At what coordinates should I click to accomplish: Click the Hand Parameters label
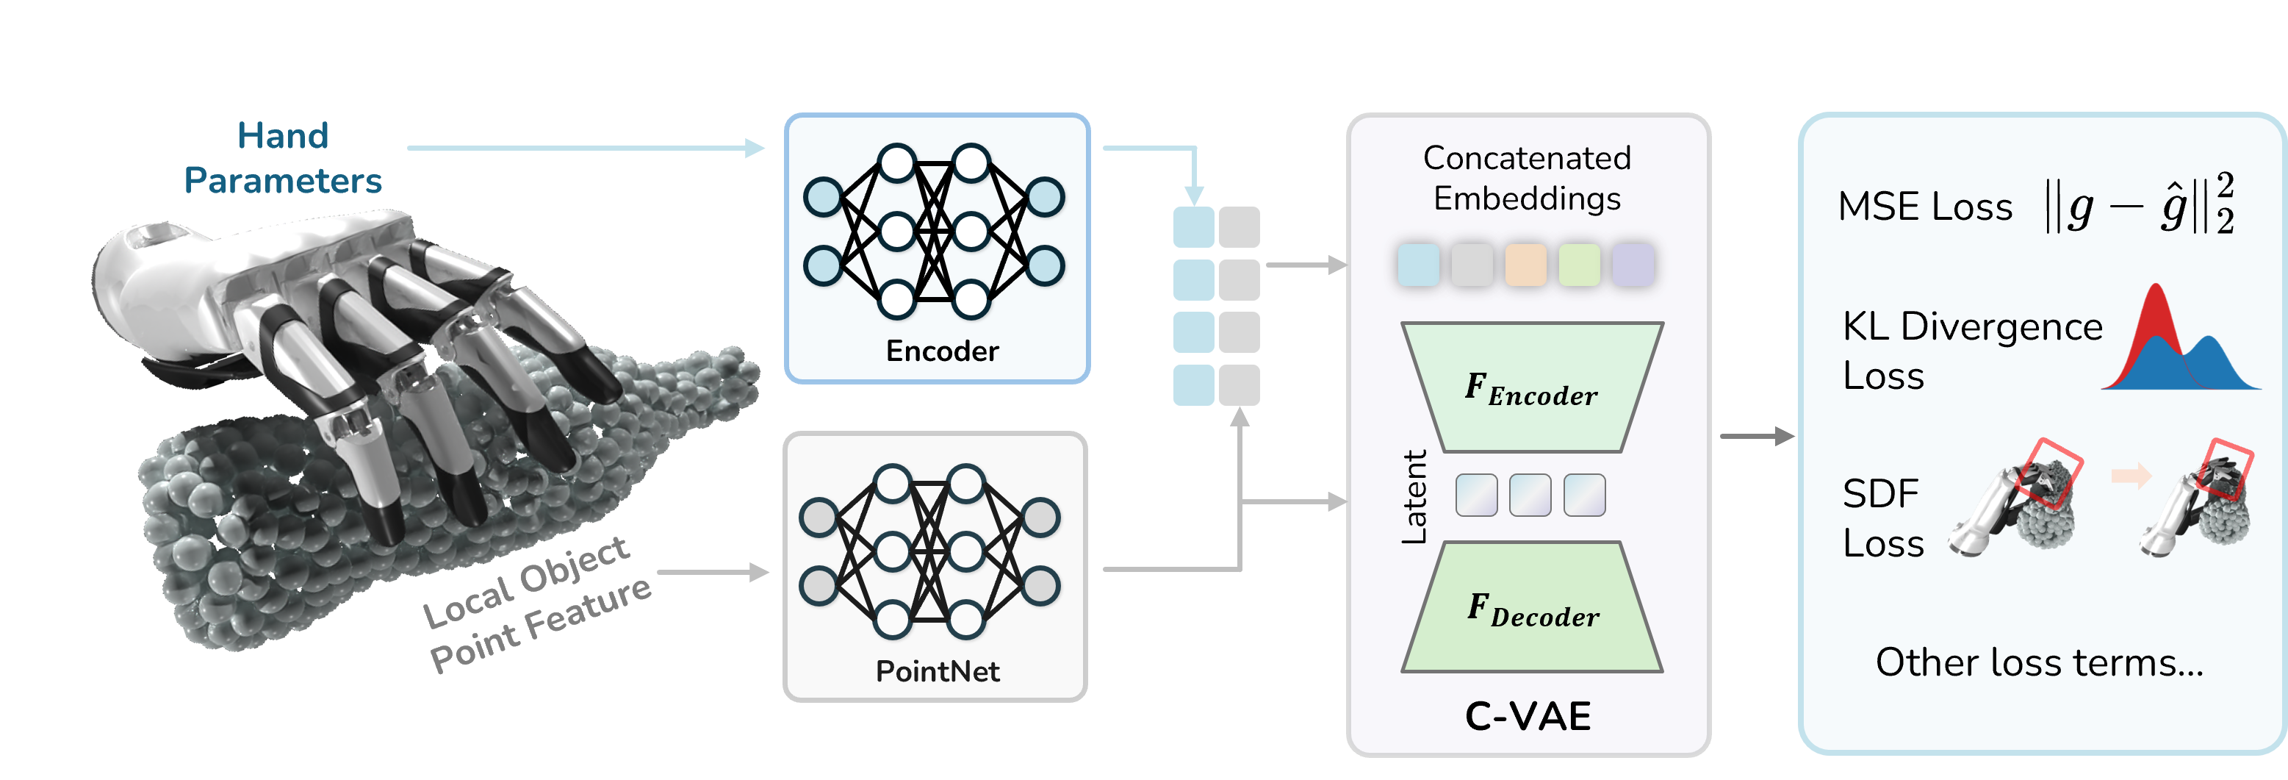(282, 158)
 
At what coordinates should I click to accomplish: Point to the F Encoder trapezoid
(1531, 387)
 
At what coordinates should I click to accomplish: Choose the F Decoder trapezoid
(1532, 608)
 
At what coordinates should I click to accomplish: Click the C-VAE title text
(1528, 716)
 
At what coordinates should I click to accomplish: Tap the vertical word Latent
(1414, 497)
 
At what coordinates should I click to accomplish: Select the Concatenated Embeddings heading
(1527, 178)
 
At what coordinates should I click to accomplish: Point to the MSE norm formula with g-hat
(2139, 206)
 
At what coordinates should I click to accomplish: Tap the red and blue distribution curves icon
(2181, 342)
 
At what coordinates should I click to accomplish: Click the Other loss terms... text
(2040, 662)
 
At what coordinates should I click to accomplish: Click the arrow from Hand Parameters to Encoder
(586, 149)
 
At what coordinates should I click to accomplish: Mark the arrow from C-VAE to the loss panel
(1757, 436)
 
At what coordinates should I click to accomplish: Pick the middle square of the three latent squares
(1530, 495)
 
